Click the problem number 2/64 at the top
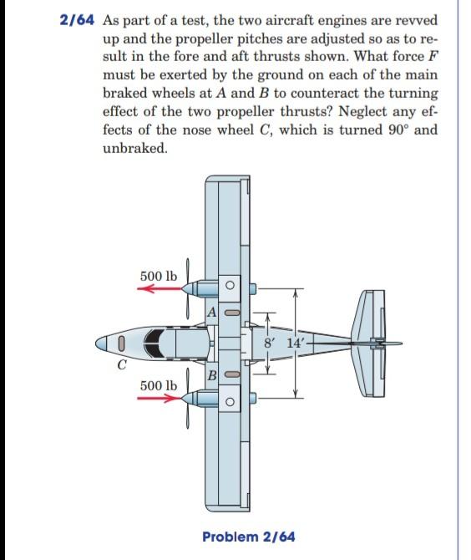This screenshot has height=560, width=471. pos(78,20)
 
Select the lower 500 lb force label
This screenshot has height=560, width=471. pos(158,385)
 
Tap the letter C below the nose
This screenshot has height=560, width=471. pos(122,364)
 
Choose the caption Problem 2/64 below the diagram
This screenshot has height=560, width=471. pos(248,536)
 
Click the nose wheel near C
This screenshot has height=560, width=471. pos(122,343)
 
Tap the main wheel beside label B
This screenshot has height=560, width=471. pos(234,375)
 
